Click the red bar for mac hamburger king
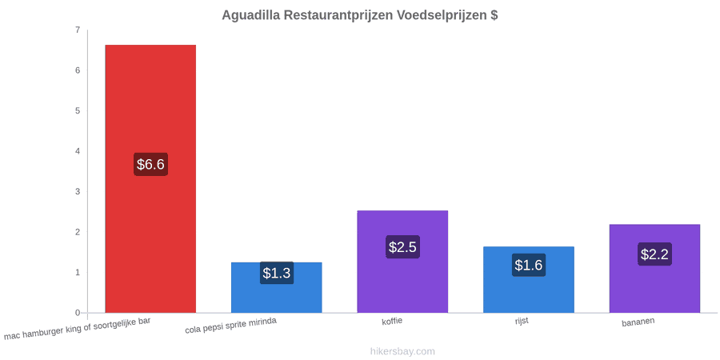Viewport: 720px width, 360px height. (x=150, y=178)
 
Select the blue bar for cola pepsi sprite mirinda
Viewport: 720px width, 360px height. (x=277, y=287)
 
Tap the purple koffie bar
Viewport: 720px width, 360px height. (x=402, y=262)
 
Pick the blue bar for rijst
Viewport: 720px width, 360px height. (x=529, y=280)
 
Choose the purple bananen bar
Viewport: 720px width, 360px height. (x=654, y=269)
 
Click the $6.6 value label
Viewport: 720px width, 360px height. (x=150, y=164)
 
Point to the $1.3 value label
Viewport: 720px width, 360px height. (x=277, y=273)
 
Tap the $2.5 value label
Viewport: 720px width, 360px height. (x=402, y=247)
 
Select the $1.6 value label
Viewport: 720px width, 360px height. (x=529, y=265)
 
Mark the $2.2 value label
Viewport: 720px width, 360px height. (x=654, y=254)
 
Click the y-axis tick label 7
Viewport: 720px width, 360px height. (x=78, y=30)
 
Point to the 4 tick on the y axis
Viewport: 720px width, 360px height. (x=78, y=151)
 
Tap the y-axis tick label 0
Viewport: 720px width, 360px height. (x=78, y=313)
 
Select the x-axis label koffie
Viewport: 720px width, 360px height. (x=392, y=321)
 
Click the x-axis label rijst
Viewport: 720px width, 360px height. (x=522, y=321)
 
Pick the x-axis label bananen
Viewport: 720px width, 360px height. (x=638, y=322)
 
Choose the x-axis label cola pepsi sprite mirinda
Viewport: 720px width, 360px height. (x=230, y=326)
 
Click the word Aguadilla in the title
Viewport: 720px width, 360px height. (x=250, y=15)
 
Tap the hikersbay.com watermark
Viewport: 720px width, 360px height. (x=402, y=351)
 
